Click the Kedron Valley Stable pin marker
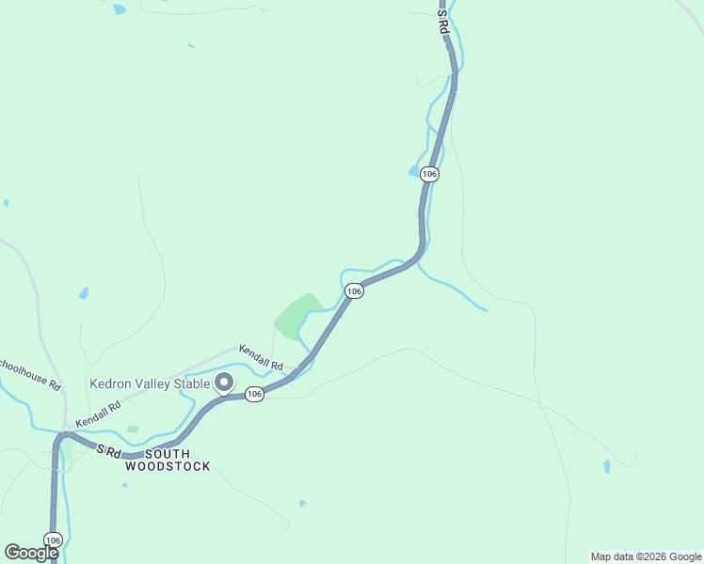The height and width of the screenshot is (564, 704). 224,382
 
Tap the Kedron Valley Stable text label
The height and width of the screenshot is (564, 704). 150,384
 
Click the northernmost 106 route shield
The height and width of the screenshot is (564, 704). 430,174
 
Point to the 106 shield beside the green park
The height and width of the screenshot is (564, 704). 353,291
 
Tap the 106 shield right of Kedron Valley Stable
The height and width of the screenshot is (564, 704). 254,395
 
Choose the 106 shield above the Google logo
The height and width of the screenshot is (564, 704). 53,540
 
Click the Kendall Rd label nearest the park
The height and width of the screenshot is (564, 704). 261,356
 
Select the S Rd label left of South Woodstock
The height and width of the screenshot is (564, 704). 108,451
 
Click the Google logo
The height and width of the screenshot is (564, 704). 31,553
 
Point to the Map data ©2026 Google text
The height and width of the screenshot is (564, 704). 646,556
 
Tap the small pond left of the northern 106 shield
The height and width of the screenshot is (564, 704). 412,171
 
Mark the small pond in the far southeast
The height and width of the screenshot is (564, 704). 607,466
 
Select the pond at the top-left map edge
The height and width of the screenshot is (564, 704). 119,9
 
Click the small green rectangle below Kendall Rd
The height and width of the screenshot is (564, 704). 133,430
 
